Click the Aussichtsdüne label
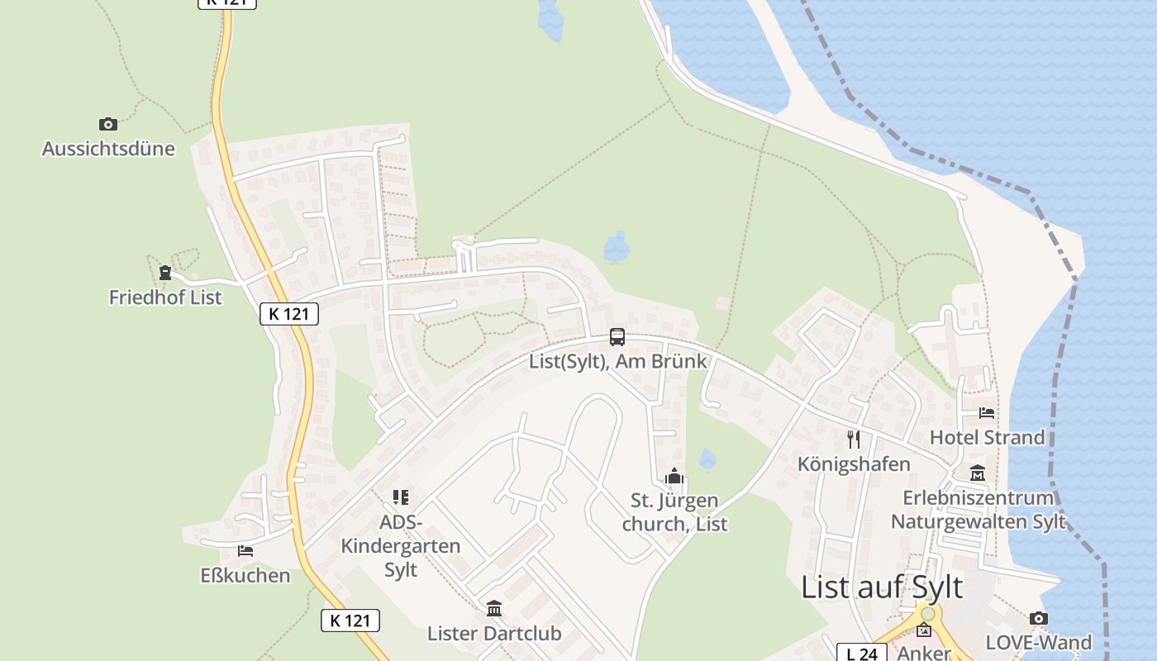click(108, 149)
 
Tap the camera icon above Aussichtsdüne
click(107, 125)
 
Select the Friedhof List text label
click(165, 297)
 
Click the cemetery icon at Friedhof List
click(165, 273)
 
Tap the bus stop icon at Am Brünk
click(617, 337)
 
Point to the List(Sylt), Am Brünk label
click(618, 361)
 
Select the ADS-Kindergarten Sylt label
click(401, 546)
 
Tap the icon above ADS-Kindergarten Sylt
click(401, 497)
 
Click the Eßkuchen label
click(245, 575)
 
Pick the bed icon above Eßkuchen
click(245, 550)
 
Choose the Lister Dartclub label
click(494, 634)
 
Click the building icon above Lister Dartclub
click(494, 609)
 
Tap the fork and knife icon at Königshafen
click(854, 439)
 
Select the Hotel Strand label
click(988, 437)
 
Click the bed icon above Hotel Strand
click(987, 412)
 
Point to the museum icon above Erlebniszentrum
click(978, 473)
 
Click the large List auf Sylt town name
click(882, 587)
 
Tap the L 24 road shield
click(861, 654)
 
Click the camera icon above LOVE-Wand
click(1039, 618)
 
